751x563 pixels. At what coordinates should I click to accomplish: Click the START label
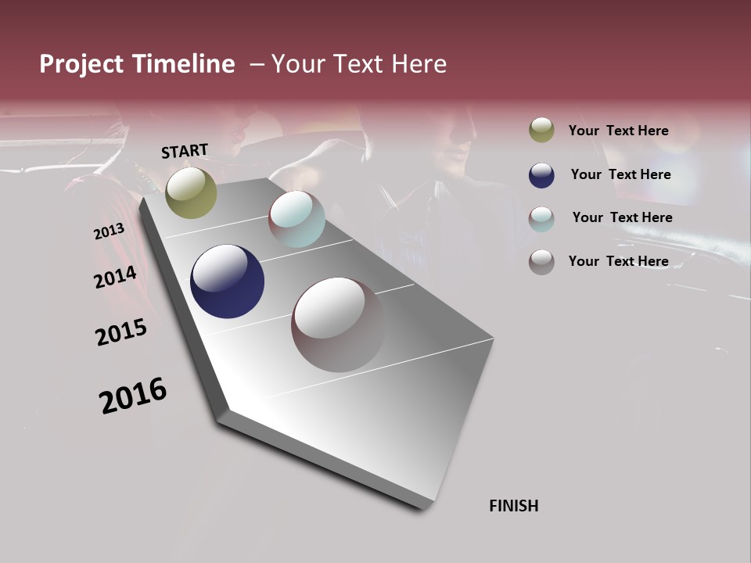(x=185, y=151)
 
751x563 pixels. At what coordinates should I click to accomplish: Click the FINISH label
(x=513, y=506)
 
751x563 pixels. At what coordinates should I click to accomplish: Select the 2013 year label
(x=109, y=231)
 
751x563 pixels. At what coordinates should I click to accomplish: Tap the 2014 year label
(x=115, y=278)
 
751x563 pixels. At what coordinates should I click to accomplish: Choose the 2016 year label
(x=133, y=396)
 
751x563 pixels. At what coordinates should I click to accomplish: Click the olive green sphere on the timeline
(x=191, y=193)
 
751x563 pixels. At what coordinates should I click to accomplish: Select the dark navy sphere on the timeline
(x=227, y=281)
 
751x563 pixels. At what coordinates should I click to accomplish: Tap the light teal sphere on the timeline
(x=296, y=219)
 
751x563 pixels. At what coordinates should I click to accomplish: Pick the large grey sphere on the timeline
(x=338, y=325)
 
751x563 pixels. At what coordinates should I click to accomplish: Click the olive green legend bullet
(x=541, y=131)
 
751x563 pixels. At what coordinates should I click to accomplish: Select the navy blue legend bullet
(x=541, y=175)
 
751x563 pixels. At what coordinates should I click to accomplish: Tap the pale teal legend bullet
(x=541, y=218)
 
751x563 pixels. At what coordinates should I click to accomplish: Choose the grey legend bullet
(x=541, y=261)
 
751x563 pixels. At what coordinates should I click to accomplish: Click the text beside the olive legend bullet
(x=618, y=131)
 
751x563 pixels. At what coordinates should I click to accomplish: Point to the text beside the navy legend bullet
(x=620, y=174)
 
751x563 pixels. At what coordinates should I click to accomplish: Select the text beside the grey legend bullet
(x=618, y=261)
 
